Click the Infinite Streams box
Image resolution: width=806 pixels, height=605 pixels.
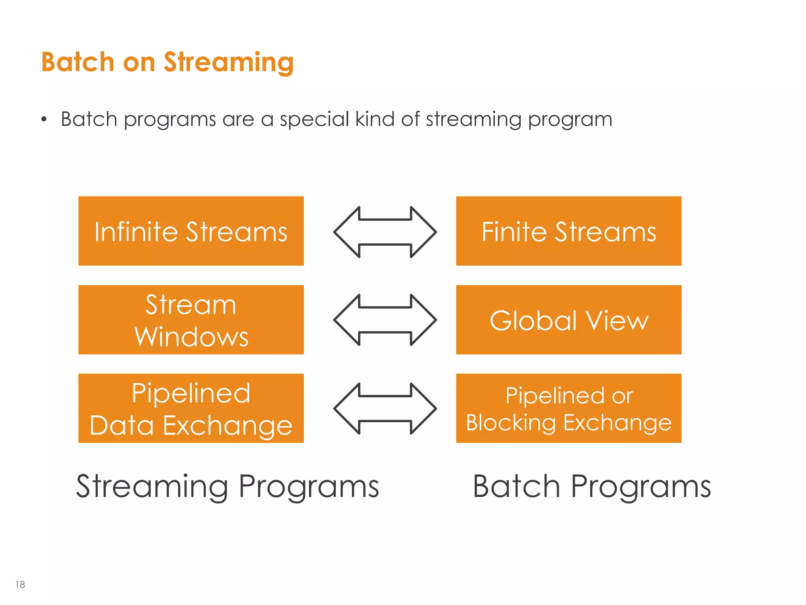click(191, 231)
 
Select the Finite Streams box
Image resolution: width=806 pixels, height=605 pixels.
click(569, 231)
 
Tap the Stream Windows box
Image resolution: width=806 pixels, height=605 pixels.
click(191, 320)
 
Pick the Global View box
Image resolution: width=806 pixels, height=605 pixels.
click(569, 320)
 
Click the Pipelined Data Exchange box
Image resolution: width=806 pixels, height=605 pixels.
click(191, 408)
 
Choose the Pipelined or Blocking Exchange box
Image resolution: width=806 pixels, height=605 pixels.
click(569, 408)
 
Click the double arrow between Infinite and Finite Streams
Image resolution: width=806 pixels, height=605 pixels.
click(385, 232)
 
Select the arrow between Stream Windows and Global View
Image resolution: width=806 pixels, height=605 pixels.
click(385, 320)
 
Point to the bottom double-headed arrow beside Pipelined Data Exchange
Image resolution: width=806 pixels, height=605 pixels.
click(385, 408)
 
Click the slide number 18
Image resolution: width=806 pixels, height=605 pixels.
click(20, 585)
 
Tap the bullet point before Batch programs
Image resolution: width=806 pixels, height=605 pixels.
click(44, 119)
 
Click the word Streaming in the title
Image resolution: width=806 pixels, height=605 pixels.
click(229, 63)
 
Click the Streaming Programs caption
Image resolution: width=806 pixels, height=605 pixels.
click(227, 487)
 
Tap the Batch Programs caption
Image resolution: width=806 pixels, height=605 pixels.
click(592, 487)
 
